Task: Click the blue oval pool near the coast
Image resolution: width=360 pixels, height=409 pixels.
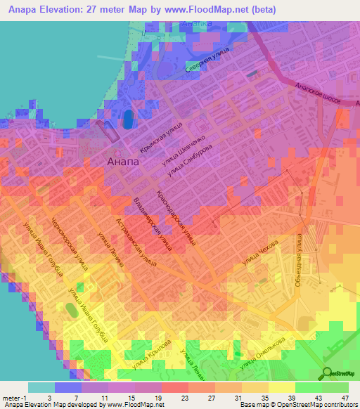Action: click(128, 119)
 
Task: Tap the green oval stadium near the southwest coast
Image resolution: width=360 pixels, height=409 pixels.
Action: click(71, 311)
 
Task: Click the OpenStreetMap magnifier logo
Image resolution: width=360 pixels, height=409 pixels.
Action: click(328, 373)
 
